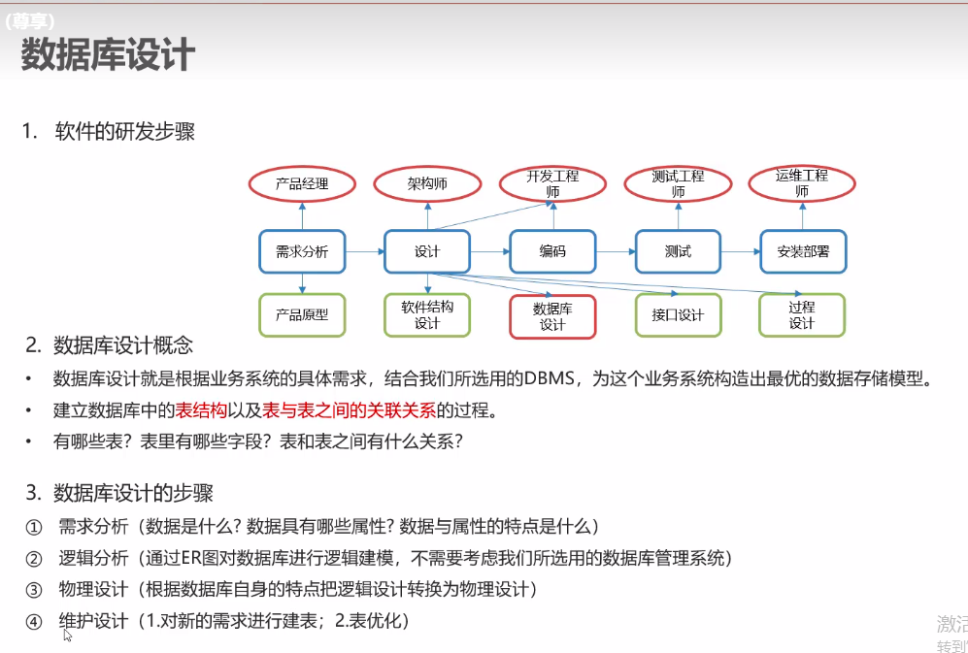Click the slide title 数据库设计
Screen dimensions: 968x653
click(108, 54)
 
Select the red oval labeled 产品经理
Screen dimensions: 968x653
click(302, 182)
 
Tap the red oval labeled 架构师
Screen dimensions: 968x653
click(427, 182)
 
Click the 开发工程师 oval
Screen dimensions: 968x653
click(552, 183)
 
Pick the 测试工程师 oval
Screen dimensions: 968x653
click(678, 183)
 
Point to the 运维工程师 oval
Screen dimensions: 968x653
click(802, 183)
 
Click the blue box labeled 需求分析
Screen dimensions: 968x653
click(302, 251)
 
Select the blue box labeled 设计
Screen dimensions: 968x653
click(427, 251)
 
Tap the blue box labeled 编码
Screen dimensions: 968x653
click(552, 251)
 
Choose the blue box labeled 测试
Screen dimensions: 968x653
click(678, 251)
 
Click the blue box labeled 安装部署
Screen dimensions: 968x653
click(803, 251)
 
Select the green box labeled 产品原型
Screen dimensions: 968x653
click(302, 315)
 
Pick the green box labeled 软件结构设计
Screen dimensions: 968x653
click(427, 315)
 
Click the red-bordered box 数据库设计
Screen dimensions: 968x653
click(552, 316)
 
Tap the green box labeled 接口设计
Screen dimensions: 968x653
click(678, 315)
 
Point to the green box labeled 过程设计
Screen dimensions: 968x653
click(802, 315)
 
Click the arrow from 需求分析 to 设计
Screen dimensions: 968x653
click(364, 251)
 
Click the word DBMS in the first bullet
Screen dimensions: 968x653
click(551, 378)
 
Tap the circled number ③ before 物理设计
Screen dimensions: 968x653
click(35, 589)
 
